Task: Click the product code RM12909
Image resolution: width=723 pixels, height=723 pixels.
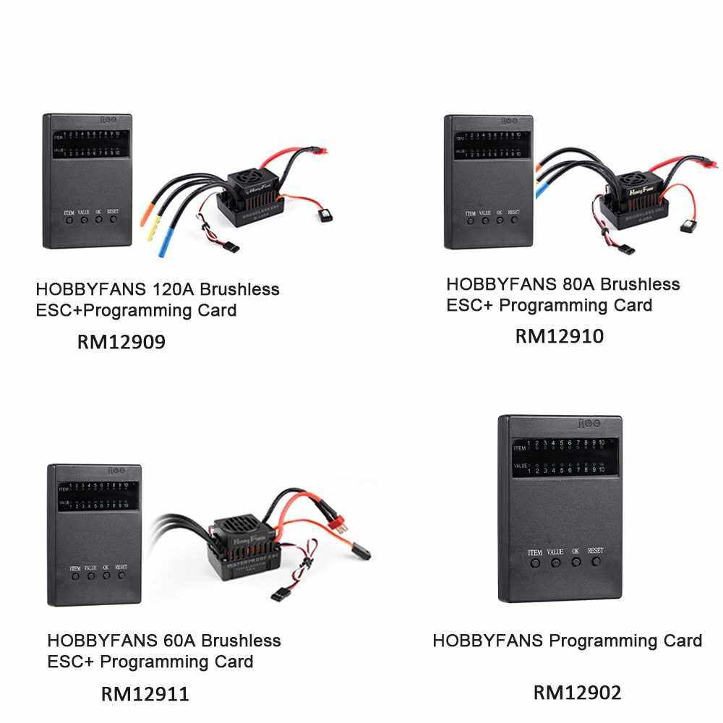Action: [121, 341]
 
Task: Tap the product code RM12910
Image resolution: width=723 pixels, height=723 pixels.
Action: [559, 336]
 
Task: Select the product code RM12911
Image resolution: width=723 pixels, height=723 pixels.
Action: [145, 694]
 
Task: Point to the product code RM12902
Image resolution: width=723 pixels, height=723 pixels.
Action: [577, 693]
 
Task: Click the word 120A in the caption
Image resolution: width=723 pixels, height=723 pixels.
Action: [173, 290]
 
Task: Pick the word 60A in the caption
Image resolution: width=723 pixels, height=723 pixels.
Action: [175, 641]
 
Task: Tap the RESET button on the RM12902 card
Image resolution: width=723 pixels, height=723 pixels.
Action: [596, 561]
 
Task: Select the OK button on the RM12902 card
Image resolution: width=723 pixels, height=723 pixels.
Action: [576, 562]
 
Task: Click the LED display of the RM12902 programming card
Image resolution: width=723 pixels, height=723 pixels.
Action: [565, 456]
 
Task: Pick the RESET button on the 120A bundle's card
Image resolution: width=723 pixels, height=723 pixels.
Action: [113, 219]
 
